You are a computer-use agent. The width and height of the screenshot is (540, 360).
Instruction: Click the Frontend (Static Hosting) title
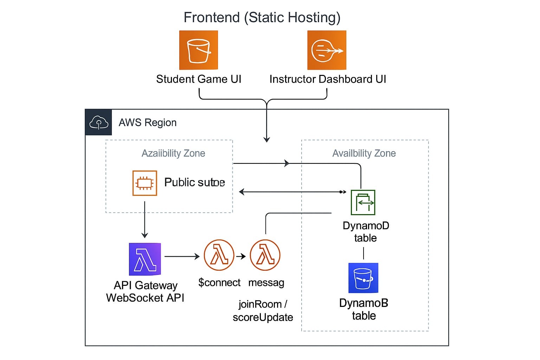(x=262, y=18)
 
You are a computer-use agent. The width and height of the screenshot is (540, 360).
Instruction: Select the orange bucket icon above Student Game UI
(x=199, y=50)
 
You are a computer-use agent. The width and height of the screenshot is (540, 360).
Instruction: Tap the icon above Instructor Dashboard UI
(x=327, y=50)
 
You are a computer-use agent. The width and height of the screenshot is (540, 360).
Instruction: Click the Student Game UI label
(x=199, y=79)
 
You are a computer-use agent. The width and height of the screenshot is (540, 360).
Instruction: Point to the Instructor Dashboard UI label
(x=328, y=79)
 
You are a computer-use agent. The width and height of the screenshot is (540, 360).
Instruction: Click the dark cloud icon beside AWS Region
(x=98, y=122)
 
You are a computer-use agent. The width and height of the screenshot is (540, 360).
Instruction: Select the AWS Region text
(x=148, y=123)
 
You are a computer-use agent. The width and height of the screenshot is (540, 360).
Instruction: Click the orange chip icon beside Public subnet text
(x=144, y=183)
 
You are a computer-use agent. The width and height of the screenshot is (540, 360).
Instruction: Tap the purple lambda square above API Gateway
(x=145, y=259)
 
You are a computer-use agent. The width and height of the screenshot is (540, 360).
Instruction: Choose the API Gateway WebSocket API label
(x=145, y=291)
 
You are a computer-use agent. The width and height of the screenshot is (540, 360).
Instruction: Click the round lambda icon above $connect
(x=219, y=255)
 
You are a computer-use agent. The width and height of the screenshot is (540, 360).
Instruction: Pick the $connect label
(x=219, y=283)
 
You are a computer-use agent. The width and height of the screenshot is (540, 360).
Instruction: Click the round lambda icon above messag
(x=265, y=255)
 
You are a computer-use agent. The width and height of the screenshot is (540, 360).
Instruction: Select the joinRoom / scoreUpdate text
(x=263, y=311)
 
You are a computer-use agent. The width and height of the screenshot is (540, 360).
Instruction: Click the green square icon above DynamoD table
(x=363, y=202)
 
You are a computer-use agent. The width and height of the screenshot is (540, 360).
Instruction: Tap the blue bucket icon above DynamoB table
(x=363, y=278)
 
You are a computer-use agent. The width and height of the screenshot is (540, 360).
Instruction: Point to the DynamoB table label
(x=364, y=309)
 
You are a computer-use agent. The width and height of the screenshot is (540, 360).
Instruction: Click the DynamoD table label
(x=366, y=232)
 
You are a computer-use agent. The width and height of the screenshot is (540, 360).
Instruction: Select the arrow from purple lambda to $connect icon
(x=182, y=257)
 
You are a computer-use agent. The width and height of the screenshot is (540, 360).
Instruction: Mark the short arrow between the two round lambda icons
(x=241, y=256)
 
